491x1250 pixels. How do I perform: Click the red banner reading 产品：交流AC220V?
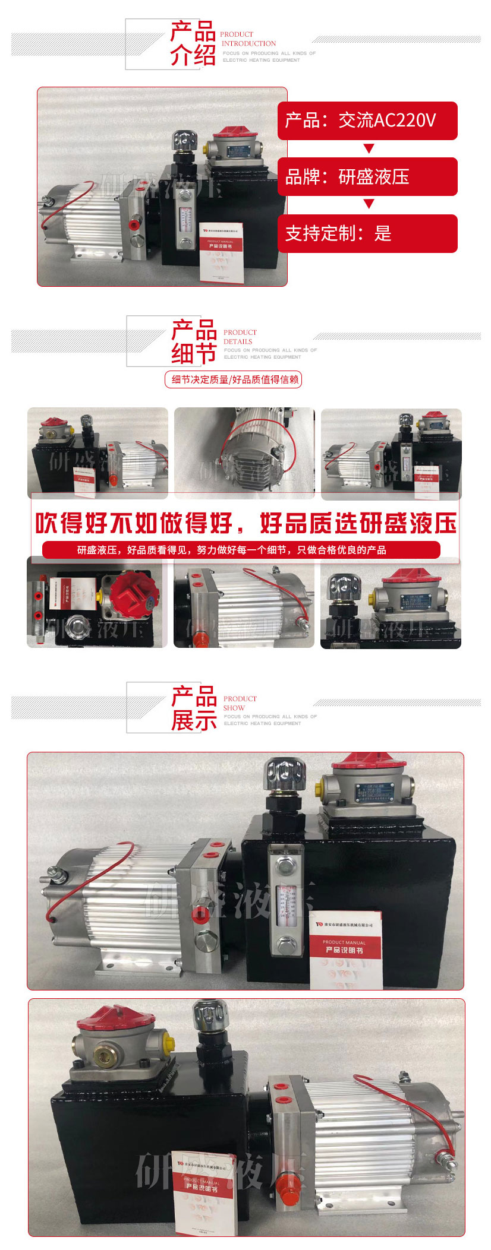(x=367, y=121)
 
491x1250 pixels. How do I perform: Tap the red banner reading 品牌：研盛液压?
(x=367, y=176)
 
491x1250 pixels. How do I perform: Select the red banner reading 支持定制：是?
(x=367, y=233)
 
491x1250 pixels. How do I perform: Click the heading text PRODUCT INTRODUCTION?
(x=248, y=39)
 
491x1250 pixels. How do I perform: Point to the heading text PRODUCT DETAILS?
(x=240, y=337)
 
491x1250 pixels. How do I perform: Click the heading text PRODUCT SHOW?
(x=240, y=704)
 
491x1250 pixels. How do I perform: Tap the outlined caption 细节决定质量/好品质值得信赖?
(x=234, y=379)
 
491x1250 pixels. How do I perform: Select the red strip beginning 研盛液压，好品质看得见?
(x=241, y=550)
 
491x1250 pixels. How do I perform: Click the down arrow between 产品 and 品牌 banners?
(x=369, y=148)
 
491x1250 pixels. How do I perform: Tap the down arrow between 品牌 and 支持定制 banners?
(x=369, y=204)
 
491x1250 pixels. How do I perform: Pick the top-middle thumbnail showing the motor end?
(x=244, y=452)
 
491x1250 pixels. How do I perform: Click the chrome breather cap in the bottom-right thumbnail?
(x=345, y=588)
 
